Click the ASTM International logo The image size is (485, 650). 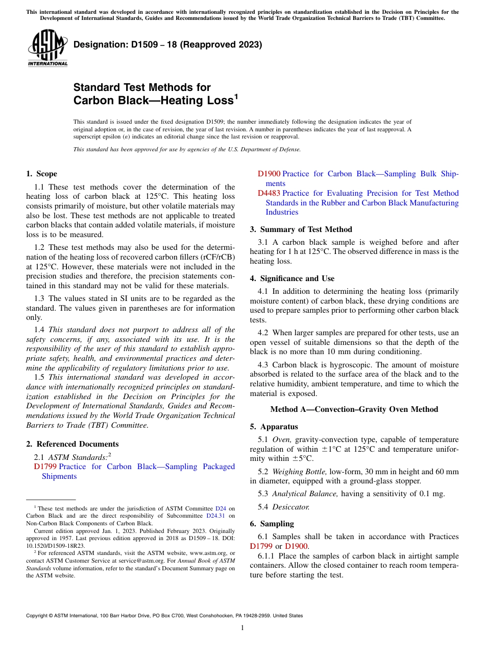pyautogui.click(x=47, y=48)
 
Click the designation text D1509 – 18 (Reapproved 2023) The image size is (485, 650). pyautogui.click(x=167, y=44)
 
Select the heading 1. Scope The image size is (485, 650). pyautogui.click(x=41, y=174)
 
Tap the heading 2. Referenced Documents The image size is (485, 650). pyautogui.click(x=72, y=444)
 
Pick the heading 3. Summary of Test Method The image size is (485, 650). pyautogui.click(x=301, y=229)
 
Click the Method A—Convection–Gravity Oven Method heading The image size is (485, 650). pyautogui.click(x=354, y=409)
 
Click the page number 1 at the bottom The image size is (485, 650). pyautogui.click(x=243, y=628)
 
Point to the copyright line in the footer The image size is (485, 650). pyautogui.click(x=164, y=616)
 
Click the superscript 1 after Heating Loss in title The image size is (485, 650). pyautogui.click(x=236, y=96)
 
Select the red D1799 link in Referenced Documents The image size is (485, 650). pyautogui.click(x=45, y=467)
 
